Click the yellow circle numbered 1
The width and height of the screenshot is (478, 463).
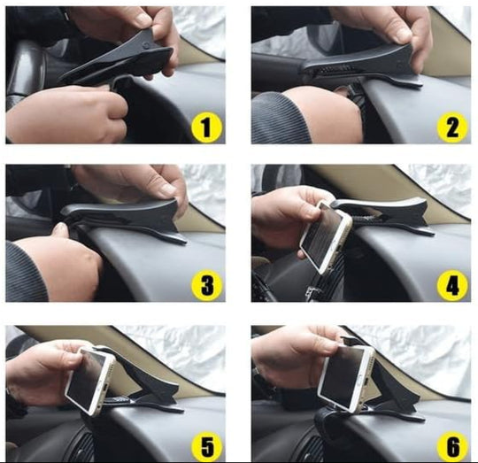click(x=207, y=127)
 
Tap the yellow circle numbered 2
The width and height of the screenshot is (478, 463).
click(x=452, y=127)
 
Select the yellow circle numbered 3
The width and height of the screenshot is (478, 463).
click(x=207, y=286)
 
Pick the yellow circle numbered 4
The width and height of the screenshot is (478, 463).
click(x=452, y=286)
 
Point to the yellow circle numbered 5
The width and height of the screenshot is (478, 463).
click(x=207, y=447)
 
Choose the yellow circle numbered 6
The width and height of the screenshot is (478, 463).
click(x=452, y=447)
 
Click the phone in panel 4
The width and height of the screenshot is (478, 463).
click(x=326, y=237)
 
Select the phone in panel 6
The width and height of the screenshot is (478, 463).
click(x=345, y=379)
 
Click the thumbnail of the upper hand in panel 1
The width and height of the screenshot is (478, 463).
click(x=142, y=20)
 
